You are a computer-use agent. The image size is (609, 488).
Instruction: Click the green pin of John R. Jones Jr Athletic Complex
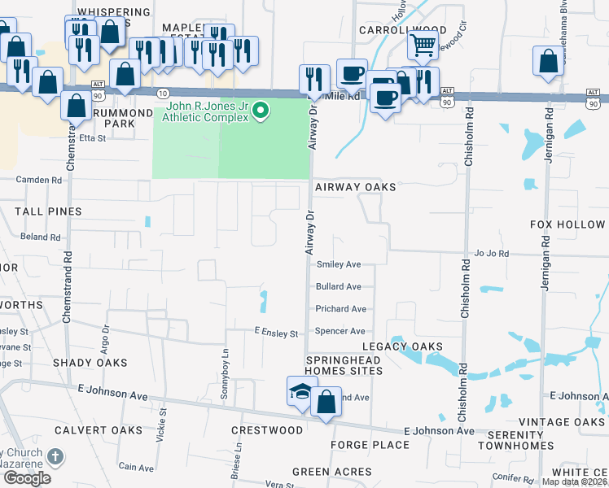261,110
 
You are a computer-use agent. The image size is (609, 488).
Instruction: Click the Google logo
27,477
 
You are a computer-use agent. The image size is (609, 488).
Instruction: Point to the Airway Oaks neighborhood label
355,187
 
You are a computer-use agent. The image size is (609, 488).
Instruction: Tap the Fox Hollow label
567,224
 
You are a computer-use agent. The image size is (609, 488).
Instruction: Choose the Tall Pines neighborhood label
48,211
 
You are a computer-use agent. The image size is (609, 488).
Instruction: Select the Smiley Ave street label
339,264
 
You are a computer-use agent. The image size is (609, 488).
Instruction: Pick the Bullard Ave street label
339,287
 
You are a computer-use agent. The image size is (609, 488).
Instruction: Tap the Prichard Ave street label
341,309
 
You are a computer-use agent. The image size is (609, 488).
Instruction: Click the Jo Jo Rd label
492,254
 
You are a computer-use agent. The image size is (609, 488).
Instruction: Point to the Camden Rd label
39,180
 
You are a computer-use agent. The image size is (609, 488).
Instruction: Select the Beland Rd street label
41,237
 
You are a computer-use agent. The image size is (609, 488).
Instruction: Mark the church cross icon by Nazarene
55,457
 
